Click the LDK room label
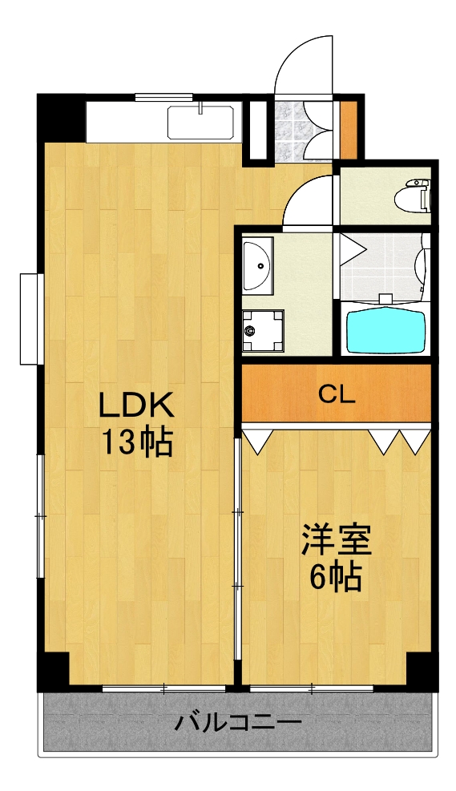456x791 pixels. pyautogui.click(x=135, y=406)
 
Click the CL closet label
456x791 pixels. pyautogui.click(x=337, y=393)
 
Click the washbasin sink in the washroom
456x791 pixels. pyautogui.click(x=257, y=265)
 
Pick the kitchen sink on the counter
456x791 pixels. pyautogui.click(x=200, y=123)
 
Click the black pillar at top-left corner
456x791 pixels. pyautogui.click(x=61, y=117)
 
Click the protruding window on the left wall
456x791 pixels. pyautogui.click(x=30, y=318)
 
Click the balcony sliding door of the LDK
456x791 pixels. pyautogui.click(x=164, y=688)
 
